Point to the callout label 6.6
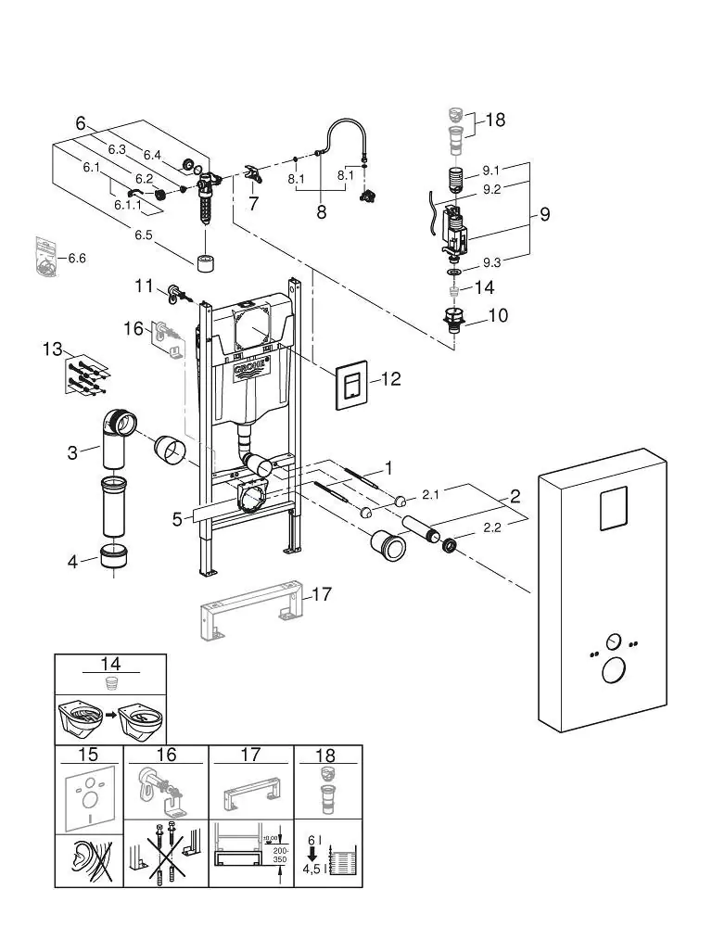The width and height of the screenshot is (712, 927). (x=75, y=258)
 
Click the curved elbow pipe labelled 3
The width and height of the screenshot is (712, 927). (x=119, y=426)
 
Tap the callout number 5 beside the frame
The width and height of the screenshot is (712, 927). (x=176, y=519)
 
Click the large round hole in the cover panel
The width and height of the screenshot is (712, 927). (x=613, y=671)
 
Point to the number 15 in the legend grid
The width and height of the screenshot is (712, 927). (x=91, y=756)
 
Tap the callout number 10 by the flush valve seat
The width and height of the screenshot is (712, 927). (x=498, y=316)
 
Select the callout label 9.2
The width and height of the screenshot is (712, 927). (x=491, y=189)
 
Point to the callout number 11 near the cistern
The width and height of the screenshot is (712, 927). (x=143, y=286)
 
